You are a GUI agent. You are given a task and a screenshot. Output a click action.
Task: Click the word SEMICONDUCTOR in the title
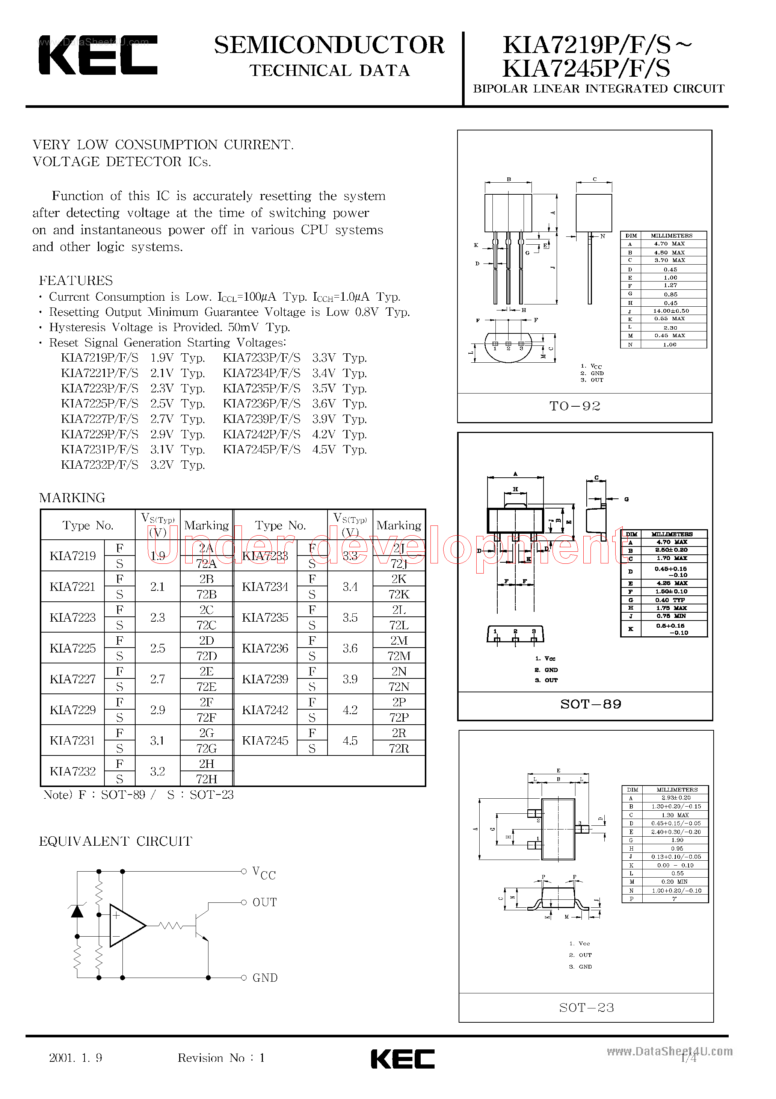tap(329, 45)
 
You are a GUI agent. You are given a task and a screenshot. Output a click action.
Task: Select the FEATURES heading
tap(75, 280)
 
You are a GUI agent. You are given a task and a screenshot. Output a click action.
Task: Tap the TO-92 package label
tap(575, 406)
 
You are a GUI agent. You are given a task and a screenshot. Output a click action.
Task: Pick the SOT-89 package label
tap(591, 704)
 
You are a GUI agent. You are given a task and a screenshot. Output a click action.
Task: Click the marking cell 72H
tap(206, 779)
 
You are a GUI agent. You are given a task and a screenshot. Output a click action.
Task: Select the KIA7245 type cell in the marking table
tap(265, 740)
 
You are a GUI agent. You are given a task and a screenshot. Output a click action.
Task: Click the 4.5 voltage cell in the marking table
tap(350, 740)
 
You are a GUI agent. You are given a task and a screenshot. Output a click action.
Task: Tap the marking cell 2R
tap(399, 733)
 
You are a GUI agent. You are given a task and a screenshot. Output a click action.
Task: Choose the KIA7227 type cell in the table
tap(73, 679)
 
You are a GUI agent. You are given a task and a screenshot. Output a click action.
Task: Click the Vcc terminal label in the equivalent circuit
tap(264, 873)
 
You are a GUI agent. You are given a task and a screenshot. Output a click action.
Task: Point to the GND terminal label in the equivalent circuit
tap(264, 978)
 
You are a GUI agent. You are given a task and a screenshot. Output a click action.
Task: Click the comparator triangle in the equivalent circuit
tap(125, 925)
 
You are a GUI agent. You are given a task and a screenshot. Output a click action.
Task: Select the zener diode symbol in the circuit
tap(77, 911)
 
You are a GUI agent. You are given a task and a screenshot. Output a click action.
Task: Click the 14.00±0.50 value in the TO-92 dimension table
tap(671, 311)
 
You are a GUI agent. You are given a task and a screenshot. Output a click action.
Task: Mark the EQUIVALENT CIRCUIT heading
tap(115, 841)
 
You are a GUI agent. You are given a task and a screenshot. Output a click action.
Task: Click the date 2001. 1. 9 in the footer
tap(75, 1057)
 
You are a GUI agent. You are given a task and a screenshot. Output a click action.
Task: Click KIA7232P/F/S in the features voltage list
tap(100, 465)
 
